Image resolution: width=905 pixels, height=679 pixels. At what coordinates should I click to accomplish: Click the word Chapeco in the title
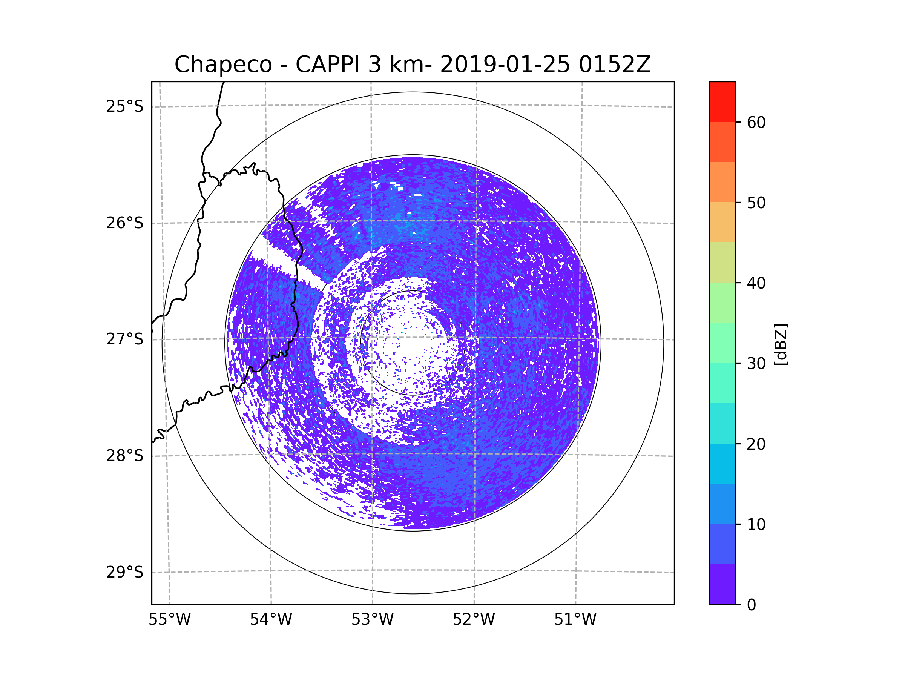point(223,65)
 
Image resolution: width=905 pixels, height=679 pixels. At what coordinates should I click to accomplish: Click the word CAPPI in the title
point(327,65)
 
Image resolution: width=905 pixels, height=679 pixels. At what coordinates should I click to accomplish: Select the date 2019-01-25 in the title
point(505,65)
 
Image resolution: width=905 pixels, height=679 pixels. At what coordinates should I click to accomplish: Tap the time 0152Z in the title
point(615,65)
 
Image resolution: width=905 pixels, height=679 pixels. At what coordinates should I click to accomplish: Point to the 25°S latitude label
point(125,106)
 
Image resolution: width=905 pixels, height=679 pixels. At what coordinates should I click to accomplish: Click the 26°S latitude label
point(125,223)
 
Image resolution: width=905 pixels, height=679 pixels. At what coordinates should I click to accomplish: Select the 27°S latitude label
point(125,339)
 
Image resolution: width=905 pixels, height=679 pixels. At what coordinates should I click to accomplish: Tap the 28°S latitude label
point(125,456)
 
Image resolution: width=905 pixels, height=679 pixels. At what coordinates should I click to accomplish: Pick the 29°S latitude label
point(125,572)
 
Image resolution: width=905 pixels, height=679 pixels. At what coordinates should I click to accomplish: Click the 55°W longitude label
point(169,620)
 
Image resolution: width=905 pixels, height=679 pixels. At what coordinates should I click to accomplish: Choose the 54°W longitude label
point(271,620)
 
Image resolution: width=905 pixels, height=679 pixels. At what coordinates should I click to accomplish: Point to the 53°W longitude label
point(372,620)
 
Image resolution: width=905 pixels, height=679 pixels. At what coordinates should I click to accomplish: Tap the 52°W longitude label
point(474,620)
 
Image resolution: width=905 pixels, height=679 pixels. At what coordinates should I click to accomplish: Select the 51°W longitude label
point(575,620)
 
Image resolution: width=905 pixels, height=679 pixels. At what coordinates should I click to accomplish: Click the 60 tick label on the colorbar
point(756,122)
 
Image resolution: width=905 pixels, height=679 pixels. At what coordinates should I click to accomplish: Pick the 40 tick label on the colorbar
point(756,283)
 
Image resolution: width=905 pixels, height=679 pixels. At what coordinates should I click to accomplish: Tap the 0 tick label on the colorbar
point(752,605)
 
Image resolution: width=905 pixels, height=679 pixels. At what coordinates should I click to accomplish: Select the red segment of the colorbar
point(722,101)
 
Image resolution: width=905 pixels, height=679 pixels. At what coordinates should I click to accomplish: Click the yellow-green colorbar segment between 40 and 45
point(722,262)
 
